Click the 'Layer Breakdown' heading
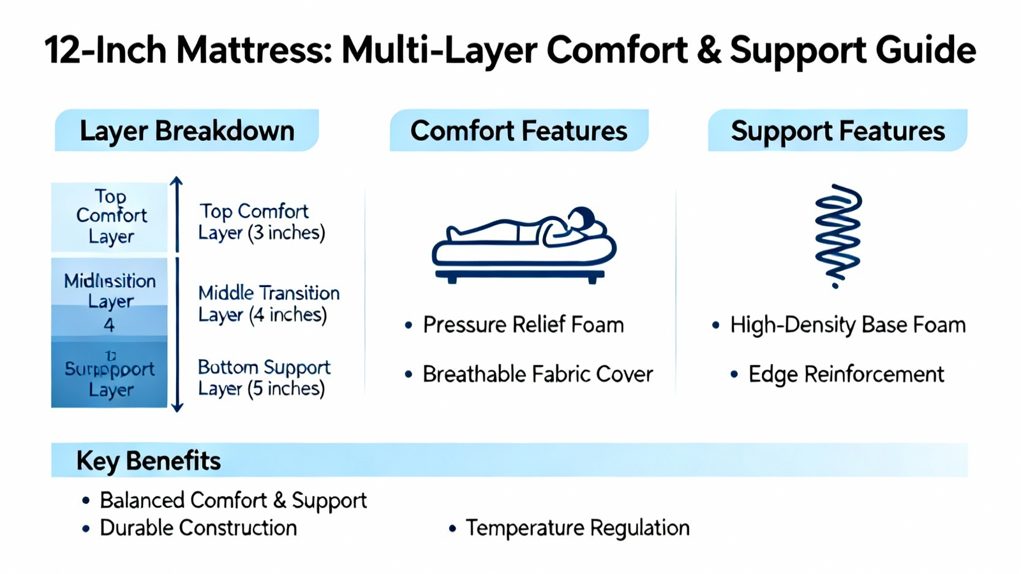coord(187,131)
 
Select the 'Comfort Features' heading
coord(519,131)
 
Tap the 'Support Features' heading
coord(837,131)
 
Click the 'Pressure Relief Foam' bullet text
coord(523,325)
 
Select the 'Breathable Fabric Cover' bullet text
coord(538,374)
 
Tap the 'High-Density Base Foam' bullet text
coord(847,325)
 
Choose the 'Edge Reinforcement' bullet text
coord(846,374)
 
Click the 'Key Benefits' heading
coord(149,460)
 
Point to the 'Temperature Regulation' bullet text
coord(578,527)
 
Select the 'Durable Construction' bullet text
coord(198,527)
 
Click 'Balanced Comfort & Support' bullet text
coord(234,500)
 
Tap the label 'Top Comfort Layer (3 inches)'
coord(262,222)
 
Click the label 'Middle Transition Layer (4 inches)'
coord(269,304)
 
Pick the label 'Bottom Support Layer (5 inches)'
coord(264,378)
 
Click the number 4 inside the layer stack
coord(109,325)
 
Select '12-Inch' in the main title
coord(105,50)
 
